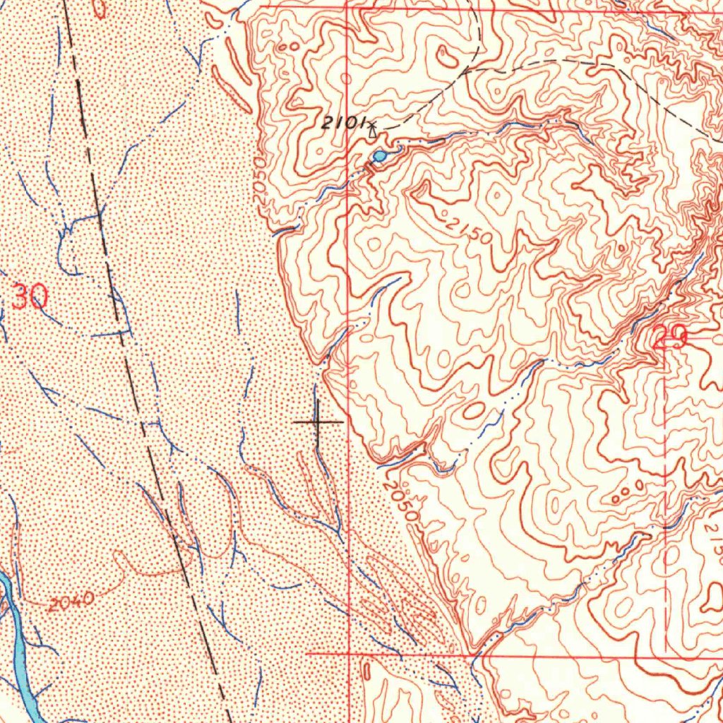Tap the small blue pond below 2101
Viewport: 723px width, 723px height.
point(380,155)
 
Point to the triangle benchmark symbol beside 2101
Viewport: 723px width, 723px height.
point(372,129)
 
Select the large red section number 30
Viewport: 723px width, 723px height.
point(30,297)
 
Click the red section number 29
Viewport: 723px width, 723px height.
point(669,338)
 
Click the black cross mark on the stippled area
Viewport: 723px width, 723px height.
point(318,422)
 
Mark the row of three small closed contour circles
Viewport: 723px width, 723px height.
point(627,491)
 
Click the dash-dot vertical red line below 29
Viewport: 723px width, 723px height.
point(666,494)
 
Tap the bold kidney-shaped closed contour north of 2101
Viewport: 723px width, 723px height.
point(448,56)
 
